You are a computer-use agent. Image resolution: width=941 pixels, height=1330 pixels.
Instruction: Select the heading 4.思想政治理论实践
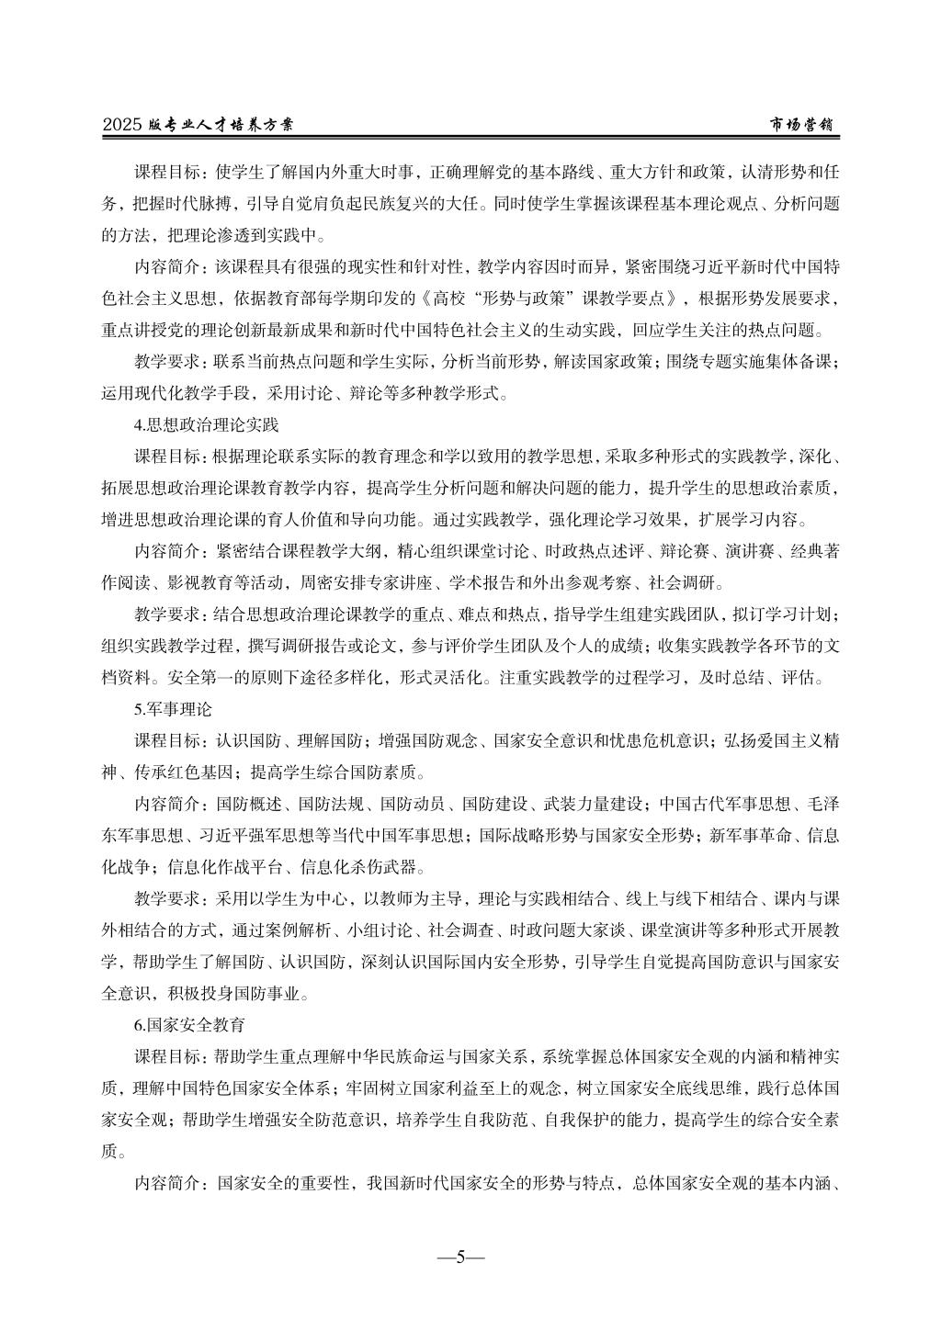[206, 425]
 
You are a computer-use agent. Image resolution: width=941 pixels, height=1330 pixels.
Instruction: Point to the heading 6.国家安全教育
[189, 1022]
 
